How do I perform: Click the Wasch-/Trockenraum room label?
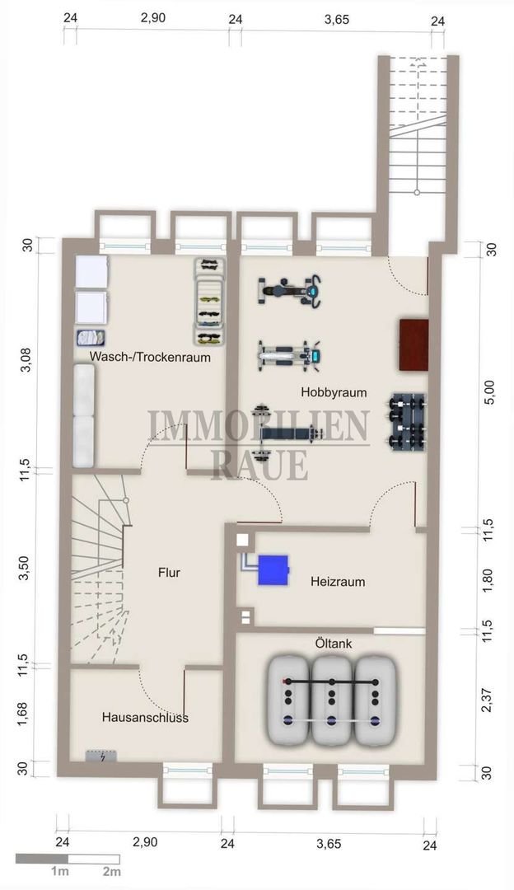150,358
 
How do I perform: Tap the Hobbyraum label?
334,392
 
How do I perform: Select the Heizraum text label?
338,582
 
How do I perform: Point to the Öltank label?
333,644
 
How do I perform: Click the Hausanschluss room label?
145,718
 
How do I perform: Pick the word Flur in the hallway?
169,572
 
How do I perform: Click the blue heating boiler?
273,570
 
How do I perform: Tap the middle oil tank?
332,700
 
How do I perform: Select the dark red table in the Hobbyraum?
414,345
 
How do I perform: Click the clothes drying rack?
210,302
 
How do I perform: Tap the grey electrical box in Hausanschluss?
101,756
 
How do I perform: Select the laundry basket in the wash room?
91,338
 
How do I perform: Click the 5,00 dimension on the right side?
491,391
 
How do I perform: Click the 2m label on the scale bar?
112,871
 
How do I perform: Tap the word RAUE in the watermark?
259,466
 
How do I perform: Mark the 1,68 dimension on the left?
23,714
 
